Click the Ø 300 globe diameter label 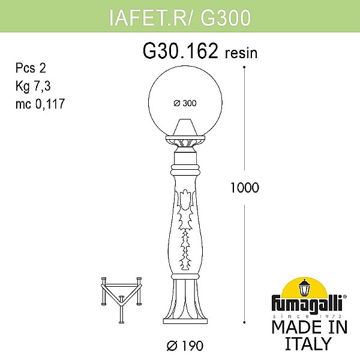184,103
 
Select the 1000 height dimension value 244,187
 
